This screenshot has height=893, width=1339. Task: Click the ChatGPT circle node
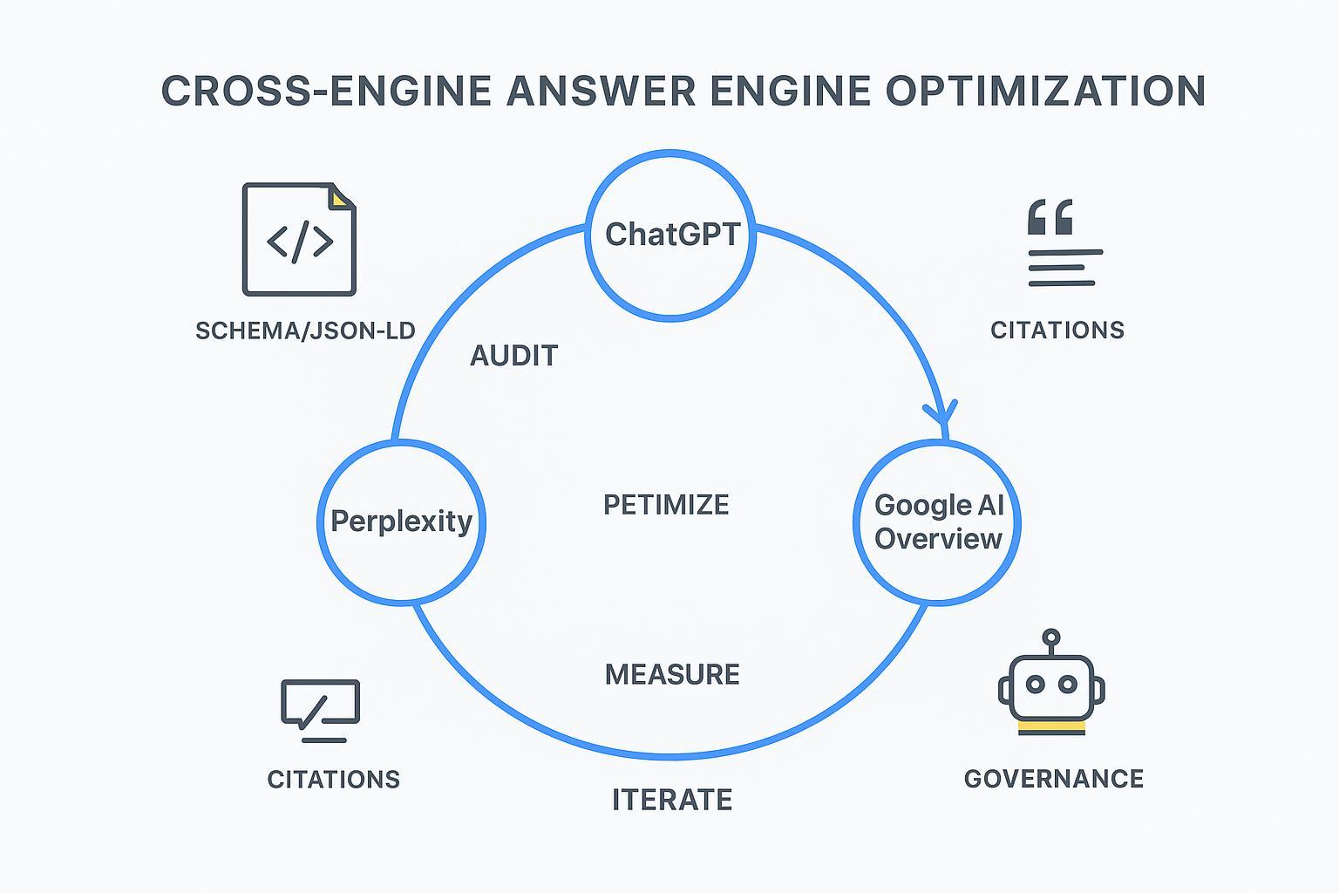point(670,234)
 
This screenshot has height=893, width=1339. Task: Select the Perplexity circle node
point(401,521)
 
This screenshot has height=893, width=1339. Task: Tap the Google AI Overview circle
point(938,521)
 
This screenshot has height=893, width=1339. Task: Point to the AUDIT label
point(513,356)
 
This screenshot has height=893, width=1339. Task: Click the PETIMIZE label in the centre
point(666,505)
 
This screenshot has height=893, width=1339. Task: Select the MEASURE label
point(672,674)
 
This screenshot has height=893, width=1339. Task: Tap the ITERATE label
point(672,800)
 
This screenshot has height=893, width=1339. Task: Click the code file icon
point(299,240)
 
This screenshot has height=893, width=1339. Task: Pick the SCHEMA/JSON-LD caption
point(305,331)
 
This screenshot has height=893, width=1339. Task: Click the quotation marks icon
point(1050,217)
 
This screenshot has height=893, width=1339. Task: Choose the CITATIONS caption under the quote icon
point(1057,331)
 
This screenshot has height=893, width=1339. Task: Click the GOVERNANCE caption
point(1054,779)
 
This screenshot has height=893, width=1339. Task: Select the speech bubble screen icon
point(320,706)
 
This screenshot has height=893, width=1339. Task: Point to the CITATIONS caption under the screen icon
point(334,780)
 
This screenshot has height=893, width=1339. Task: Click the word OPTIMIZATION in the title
point(1045,91)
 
